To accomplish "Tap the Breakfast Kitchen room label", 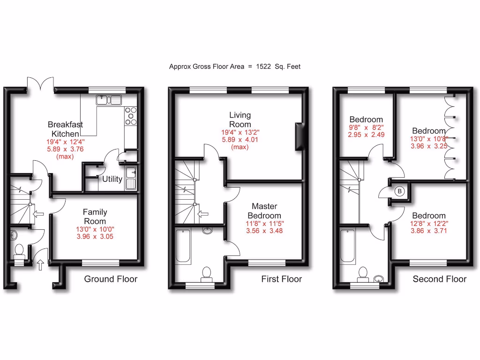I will coord(65,129).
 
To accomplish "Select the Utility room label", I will coord(112,179).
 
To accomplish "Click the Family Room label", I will coord(95,217).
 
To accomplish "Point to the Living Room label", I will coord(240,120).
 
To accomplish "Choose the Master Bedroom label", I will coord(264,210).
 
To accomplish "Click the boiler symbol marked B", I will coord(399,191).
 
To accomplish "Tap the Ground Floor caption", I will coord(111,279).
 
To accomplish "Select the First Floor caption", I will coord(281,279).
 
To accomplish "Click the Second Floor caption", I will coord(439,279).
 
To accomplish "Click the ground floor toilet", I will coord(20,252).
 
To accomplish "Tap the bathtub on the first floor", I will coord(182,246).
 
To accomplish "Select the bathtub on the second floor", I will coord(347,246).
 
